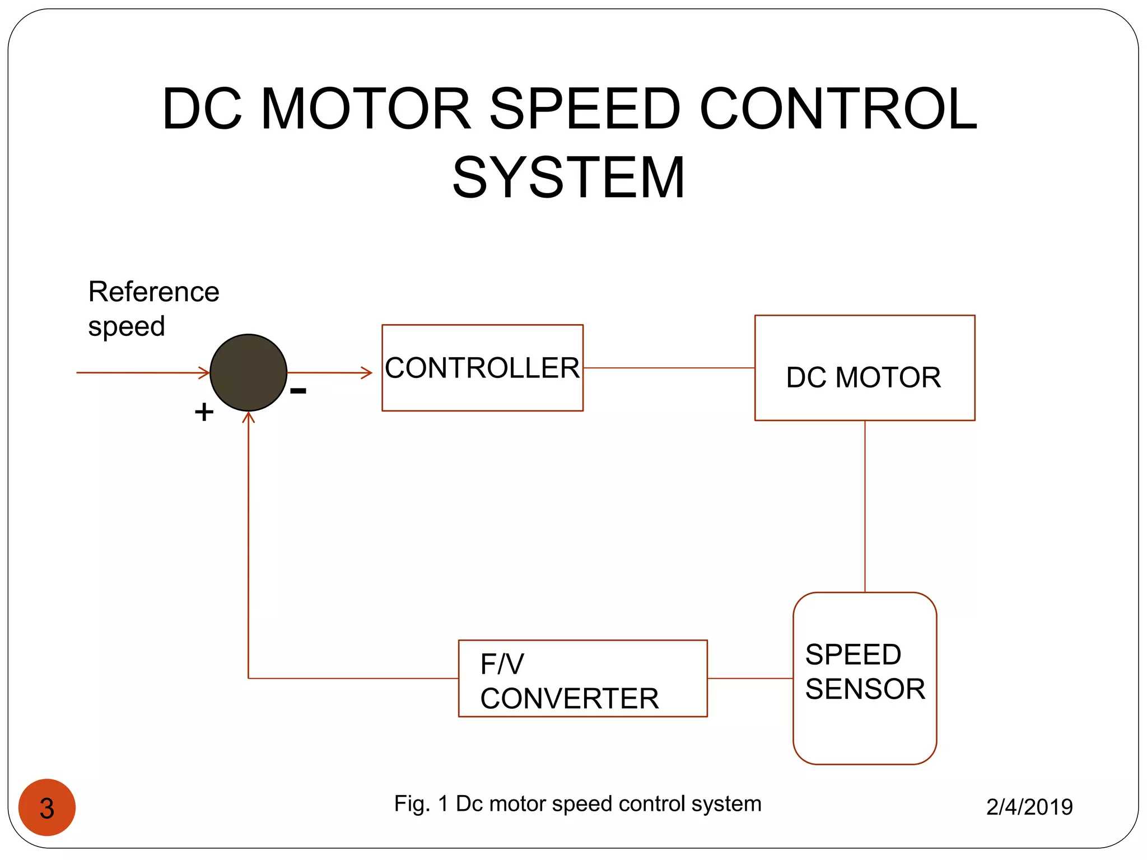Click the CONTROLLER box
482,368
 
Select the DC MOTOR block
864,368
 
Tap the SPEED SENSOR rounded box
864,678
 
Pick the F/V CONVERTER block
582,678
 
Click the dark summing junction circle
248,372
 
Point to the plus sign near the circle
204,412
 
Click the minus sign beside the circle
298,391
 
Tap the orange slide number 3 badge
47,807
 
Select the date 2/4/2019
1029,807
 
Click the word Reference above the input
153,292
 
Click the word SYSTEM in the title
568,177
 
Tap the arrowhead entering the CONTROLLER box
367,372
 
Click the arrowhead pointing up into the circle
248,417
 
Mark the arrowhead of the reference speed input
205,372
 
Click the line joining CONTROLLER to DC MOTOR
669,368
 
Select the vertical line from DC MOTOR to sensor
865,506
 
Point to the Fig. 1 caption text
577,803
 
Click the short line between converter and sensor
750,678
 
